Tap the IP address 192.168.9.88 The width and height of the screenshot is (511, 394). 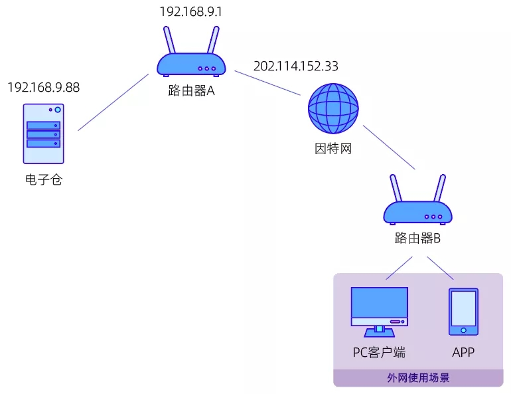43,87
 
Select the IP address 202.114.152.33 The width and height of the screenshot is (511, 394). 296,66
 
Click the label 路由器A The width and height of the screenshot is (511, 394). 191,91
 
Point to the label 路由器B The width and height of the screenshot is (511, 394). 417,238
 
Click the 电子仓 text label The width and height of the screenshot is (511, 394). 43,179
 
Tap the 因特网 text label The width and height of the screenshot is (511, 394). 332,148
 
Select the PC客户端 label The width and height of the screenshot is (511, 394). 379,352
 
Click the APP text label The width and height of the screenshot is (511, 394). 463,352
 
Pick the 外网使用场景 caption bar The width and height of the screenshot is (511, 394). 418,378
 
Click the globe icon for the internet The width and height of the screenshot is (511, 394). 333,108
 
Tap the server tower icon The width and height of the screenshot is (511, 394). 44,133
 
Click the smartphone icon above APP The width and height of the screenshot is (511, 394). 463,311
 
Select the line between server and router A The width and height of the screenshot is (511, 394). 113,102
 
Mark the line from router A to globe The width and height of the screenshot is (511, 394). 268,83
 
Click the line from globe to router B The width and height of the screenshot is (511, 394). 389,148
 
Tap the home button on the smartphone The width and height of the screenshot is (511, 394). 463,330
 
